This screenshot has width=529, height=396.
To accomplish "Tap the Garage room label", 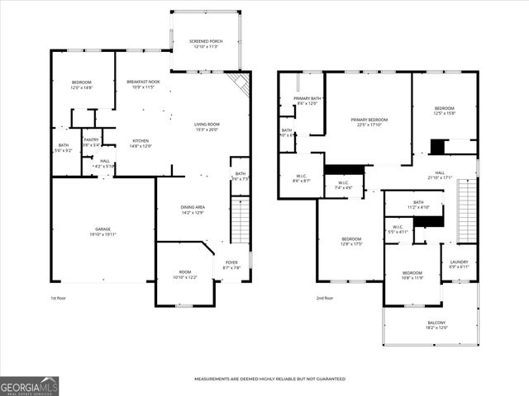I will [x=102, y=231].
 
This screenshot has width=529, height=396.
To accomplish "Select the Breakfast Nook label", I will [x=143, y=84].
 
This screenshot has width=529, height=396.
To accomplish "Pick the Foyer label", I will [x=231, y=265].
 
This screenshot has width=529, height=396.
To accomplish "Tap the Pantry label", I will [x=91, y=142].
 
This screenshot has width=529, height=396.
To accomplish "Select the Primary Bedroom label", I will [x=369, y=122].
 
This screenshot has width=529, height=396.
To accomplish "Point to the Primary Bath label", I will [x=306, y=101].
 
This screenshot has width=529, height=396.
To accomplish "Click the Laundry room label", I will [x=459, y=264].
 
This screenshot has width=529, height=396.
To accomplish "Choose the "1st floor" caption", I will [x=60, y=298].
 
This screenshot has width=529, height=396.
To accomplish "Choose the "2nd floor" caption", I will [x=324, y=298].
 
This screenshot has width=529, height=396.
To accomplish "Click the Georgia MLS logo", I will [x=29, y=385].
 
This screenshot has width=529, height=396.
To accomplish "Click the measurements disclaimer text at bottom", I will [x=269, y=379].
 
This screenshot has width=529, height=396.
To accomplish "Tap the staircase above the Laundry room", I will [x=468, y=210].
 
